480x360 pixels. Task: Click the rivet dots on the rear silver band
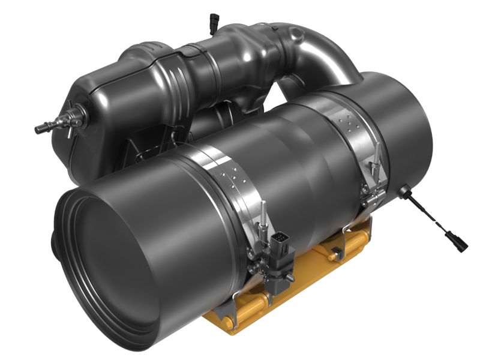pos(348,123)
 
